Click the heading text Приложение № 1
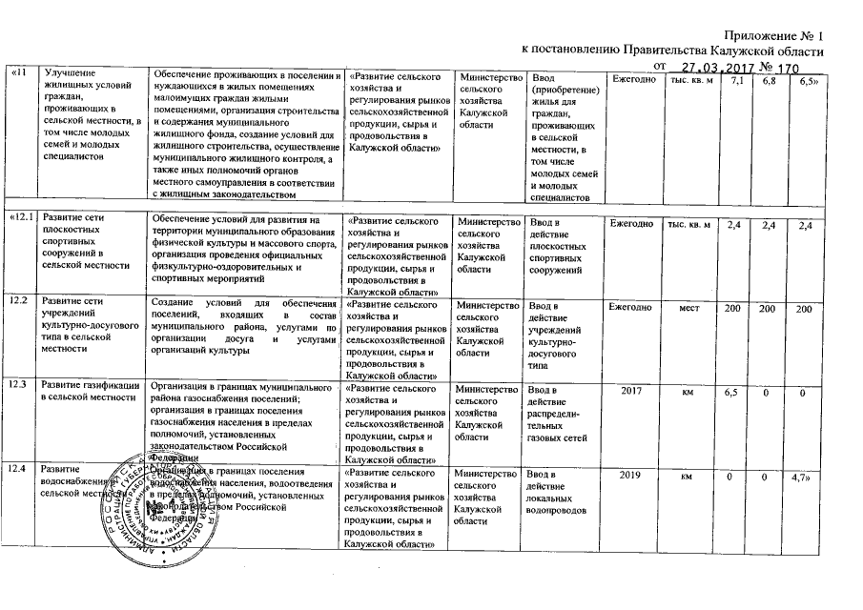pos(773,35)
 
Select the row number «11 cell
pos(17,75)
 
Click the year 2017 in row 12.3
pos(631,390)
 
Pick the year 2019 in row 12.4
pos(631,474)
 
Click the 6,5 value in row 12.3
pos(732,392)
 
